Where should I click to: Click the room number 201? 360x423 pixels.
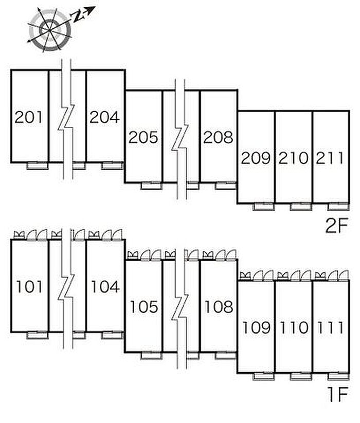(29, 117)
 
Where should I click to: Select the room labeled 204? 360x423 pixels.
(104, 117)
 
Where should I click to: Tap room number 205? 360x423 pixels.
(143, 137)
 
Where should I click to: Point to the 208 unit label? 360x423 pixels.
(219, 137)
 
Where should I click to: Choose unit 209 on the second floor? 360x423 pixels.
(256, 158)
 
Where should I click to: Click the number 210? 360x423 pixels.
(293, 158)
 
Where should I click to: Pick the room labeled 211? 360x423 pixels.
(330, 158)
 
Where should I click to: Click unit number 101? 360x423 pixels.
(29, 287)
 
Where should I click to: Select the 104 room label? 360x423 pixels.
(105, 287)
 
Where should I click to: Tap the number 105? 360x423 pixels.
(144, 307)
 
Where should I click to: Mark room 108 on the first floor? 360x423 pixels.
(219, 307)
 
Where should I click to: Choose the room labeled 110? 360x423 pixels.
(294, 327)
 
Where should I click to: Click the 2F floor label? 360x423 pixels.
(336, 226)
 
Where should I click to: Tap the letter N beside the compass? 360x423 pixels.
(78, 16)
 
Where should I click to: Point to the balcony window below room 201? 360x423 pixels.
(37, 165)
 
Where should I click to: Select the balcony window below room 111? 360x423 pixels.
(339, 376)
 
